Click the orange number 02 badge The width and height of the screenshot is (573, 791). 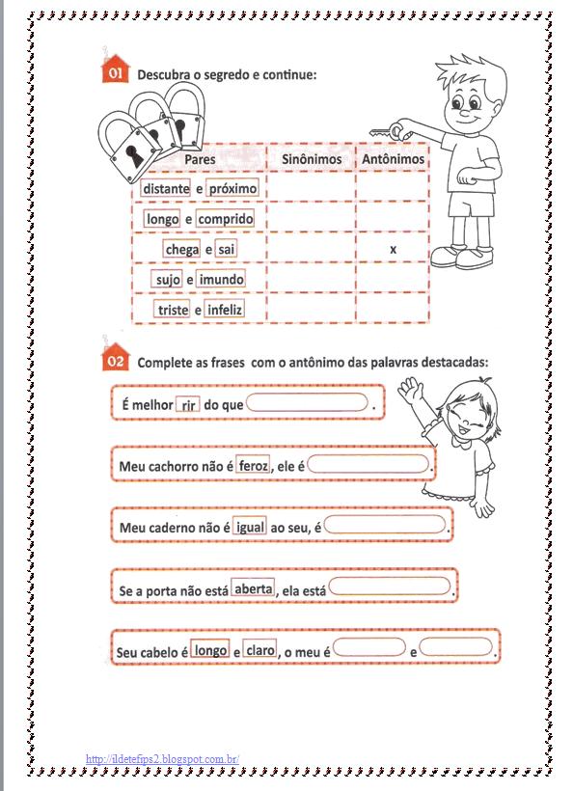(x=115, y=360)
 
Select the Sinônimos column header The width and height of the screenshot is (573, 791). (x=311, y=158)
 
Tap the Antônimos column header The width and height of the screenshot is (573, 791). (x=392, y=158)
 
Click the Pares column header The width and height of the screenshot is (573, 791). (x=199, y=158)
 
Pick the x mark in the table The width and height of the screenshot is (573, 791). (x=393, y=250)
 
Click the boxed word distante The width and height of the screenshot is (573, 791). (x=165, y=189)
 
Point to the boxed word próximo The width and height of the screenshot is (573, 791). (x=232, y=189)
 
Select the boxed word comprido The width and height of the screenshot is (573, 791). (x=226, y=219)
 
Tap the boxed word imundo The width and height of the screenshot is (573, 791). (x=222, y=280)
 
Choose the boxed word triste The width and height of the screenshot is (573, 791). (x=173, y=310)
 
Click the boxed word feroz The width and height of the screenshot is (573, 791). (x=253, y=466)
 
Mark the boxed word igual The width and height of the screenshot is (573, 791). (x=250, y=528)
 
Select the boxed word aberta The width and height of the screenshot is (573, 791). (x=253, y=588)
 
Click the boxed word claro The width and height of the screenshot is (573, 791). (x=260, y=650)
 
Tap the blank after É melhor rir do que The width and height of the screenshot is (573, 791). (x=308, y=404)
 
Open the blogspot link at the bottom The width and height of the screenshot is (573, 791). (x=162, y=759)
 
